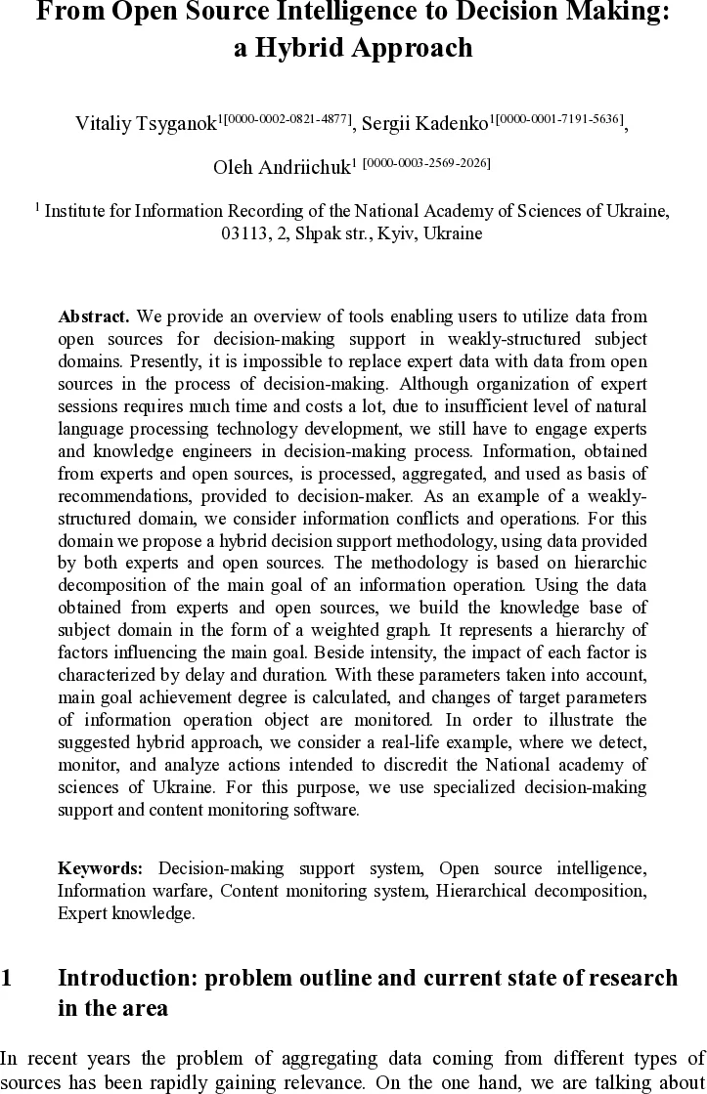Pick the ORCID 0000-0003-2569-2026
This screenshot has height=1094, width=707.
click(427, 161)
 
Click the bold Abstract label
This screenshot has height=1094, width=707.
click(94, 317)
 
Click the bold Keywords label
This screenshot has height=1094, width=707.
click(101, 868)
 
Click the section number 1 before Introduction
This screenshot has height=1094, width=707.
click(7, 979)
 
